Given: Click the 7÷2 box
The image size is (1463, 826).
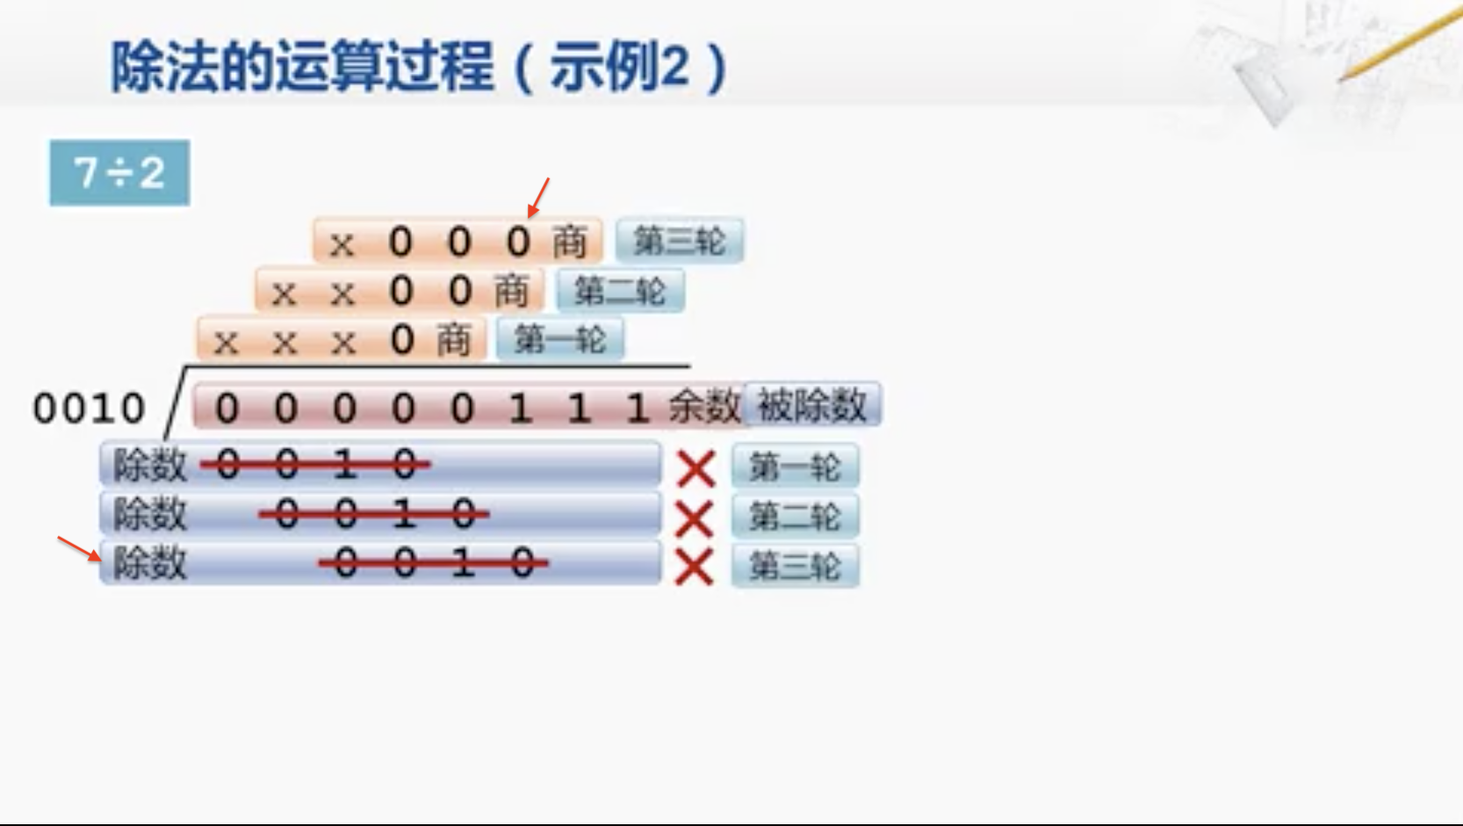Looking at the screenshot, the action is [x=119, y=172].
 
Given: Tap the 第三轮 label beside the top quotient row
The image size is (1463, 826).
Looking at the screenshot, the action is [x=679, y=241].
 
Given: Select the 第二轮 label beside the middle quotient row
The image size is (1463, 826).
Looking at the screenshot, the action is [x=620, y=291].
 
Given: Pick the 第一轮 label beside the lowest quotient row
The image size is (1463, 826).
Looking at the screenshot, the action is [x=559, y=339].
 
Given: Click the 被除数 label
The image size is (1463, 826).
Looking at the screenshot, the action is [x=811, y=405].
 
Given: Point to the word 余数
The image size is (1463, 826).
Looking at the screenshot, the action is [x=704, y=406].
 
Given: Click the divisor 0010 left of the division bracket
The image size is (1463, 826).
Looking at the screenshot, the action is [x=89, y=409].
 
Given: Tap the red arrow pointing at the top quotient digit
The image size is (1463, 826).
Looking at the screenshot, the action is [x=538, y=198].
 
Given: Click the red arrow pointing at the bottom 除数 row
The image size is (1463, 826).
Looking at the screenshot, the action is [x=79, y=548].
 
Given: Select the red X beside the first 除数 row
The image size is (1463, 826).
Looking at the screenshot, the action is [x=695, y=468].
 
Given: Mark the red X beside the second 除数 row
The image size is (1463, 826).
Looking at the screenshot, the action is [x=694, y=518].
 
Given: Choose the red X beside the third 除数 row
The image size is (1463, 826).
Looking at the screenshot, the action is [x=694, y=567].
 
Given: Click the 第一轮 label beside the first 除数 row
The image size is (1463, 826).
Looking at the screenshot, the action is [x=795, y=467].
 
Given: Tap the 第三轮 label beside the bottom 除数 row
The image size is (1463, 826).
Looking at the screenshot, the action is [x=795, y=566].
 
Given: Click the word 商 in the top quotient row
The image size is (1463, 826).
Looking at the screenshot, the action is [x=569, y=242].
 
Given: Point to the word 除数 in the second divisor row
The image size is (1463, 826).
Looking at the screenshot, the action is [x=149, y=514].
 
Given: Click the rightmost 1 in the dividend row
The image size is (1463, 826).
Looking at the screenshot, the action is [x=637, y=409].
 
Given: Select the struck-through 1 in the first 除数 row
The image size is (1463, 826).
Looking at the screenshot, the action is [x=345, y=465].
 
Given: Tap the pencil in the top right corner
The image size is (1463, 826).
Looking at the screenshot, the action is [x=1396, y=44].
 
